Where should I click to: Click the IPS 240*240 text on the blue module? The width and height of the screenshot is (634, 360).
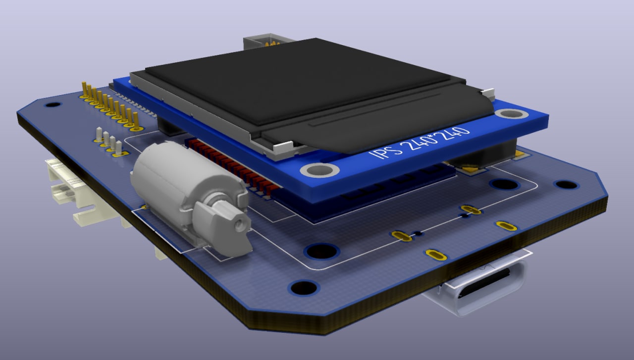420,143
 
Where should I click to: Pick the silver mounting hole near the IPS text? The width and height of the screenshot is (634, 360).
320,170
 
